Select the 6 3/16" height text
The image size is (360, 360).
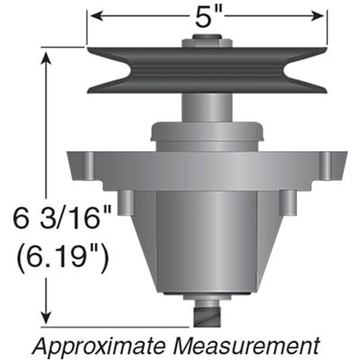pyautogui.click(x=62, y=217)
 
